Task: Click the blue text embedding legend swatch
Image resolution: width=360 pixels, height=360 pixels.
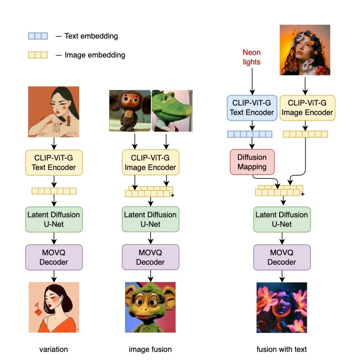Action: pyautogui.click(x=38, y=36)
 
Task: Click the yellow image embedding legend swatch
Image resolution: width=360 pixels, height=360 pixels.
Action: pyautogui.click(x=38, y=55)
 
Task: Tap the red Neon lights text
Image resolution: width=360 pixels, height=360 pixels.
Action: pyautogui.click(x=251, y=57)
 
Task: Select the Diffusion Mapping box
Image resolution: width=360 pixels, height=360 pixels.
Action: pyautogui.click(x=252, y=162)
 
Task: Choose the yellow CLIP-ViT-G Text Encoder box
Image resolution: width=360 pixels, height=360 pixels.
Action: pyautogui.click(x=54, y=163)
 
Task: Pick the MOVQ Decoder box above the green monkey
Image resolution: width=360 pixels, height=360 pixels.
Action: pyautogui.click(x=150, y=257)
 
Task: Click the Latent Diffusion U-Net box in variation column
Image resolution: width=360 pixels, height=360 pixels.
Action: pyautogui.click(x=54, y=219)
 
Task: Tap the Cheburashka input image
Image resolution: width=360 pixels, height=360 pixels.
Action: pyautogui.click(x=130, y=111)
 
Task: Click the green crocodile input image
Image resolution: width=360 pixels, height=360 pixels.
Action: pyautogui.click(x=172, y=111)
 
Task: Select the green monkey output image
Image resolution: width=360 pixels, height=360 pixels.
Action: pyautogui.click(x=150, y=307)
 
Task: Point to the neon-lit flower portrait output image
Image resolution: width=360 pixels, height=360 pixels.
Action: pyautogui.click(x=282, y=307)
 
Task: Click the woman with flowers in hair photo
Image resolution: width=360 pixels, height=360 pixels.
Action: pyautogui.click(x=305, y=50)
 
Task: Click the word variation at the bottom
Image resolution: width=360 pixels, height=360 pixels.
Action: pyautogui.click(x=53, y=349)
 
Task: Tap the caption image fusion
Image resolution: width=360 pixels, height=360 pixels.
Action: pyautogui.click(x=150, y=349)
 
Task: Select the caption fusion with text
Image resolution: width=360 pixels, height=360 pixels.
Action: pyautogui.click(x=282, y=349)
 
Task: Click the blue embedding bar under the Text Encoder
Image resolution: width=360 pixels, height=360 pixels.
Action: pyautogui.click(x=250, y=134)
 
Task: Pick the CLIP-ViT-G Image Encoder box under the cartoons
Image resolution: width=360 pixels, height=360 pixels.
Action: pyautogui.click(x=150, y=163)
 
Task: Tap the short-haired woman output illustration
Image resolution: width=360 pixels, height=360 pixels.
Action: pyautogui.click(x=54, y=307)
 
